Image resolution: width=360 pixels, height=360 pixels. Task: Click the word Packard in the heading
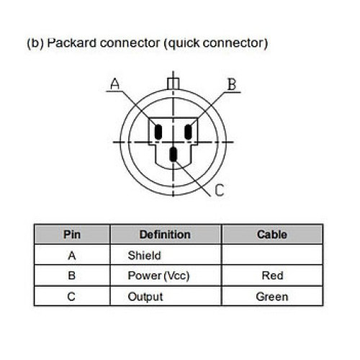[71, 43]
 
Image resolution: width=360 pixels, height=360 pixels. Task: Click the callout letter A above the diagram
[115, 84]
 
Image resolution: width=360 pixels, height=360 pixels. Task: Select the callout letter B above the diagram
[232, 84]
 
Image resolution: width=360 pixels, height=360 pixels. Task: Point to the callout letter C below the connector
[220, 190]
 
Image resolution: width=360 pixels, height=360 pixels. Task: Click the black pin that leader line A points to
[158, 132]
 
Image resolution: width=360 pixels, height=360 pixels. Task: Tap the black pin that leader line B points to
[188, 132]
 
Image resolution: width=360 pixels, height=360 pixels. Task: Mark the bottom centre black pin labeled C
[174, 154]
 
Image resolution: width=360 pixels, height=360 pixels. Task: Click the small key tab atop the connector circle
[173, 84]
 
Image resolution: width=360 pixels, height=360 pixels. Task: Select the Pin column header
[72, 235]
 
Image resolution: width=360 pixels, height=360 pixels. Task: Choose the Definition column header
[165, 235]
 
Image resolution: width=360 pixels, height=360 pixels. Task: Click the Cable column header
[272, 235]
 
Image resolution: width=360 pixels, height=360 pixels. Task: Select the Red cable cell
[272, 276]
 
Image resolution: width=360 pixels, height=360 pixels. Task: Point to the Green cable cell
[272, 297]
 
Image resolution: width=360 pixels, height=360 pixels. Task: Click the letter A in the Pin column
[72, 256]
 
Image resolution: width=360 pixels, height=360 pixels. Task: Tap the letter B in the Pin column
[72, 276]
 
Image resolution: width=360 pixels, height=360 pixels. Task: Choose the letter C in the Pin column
[71, 297]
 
